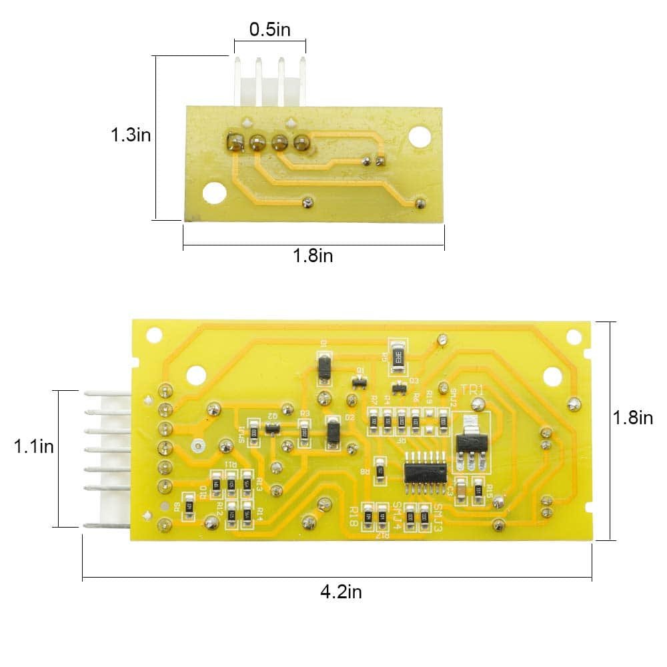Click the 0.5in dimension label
click(x=269, y=30)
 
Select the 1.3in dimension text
click(x=131, y=135)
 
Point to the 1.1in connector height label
click(x=34, y=446)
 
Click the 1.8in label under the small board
click(x=313, y=255)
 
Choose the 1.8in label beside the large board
click(x=632, y=418)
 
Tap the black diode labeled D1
click(x=324, y=367)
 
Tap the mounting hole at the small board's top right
click(x=418, y=137)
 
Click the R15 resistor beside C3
click(x=478, y=491)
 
